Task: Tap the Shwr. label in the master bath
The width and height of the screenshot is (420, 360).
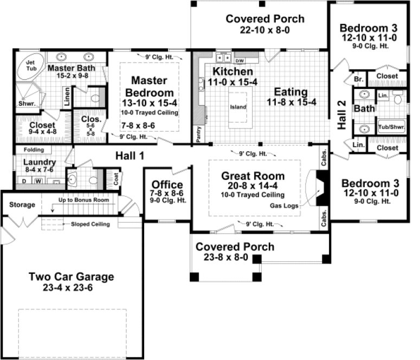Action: point(25,104)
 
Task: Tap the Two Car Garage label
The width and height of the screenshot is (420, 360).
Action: point(72,277)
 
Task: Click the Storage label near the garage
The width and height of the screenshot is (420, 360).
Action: point(22,204)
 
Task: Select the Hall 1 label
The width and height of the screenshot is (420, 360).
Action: point(130,156)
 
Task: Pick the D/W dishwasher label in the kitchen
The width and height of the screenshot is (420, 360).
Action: point(239,60)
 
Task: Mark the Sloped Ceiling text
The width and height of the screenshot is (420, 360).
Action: point(86,224)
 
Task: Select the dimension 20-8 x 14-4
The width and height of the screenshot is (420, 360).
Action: point(253,185)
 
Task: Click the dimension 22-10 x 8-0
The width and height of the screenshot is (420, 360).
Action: point(265,30)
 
